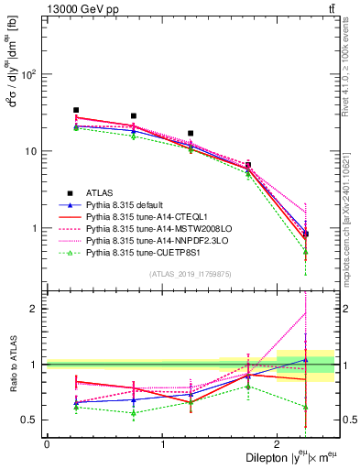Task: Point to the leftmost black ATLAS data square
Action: click(x=76, y=110)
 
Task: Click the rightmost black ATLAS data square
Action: click(x=305, y=234)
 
